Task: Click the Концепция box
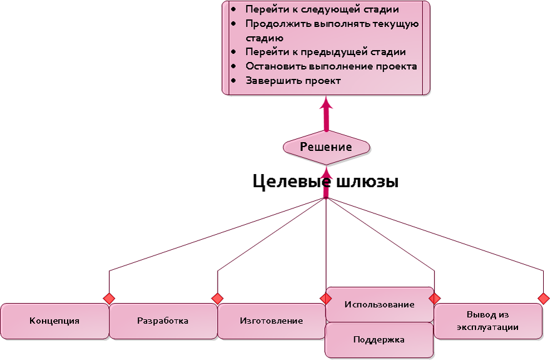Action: [x=54, y=321]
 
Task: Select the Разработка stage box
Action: [x=163, y=321]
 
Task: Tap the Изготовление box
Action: [x=272, y=321]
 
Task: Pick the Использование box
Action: [x=379, y=304]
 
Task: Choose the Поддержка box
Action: [x=379, y=340]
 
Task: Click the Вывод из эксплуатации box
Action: [x=487, y=321]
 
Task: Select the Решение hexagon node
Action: [x=326, y=147]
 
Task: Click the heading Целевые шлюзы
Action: [x=325, y=182]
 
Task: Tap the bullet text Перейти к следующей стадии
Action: [x=322, y=10]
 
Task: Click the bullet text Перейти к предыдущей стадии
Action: [x=325, y=52]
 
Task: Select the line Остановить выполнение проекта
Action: [x=331, y=66]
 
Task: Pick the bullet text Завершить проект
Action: [x=293, y=81]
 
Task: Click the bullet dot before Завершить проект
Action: [x=234, y=81]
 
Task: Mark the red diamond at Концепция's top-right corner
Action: [x=109, y=298]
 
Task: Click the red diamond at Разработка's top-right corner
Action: [x=217, y=298]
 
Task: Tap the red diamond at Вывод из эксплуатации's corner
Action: [x=543, y=298]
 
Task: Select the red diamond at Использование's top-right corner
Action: [x=434, y=298]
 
